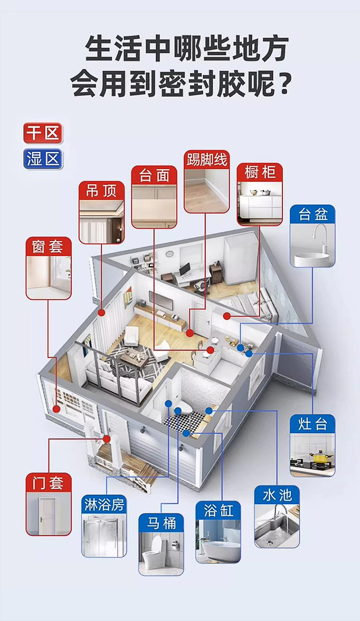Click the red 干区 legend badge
point(43,133)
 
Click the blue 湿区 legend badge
point(43,159)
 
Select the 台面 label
point(154,175)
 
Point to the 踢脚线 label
point(207,159)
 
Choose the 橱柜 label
point(260,172)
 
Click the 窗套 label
point(48,247)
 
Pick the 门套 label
point(48,482)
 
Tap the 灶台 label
point(312,424)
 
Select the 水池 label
point(277,495)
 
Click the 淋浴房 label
point(104,504)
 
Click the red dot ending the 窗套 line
point(57,409)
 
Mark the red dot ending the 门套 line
point(107,438)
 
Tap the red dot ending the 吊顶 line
point(102,313)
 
